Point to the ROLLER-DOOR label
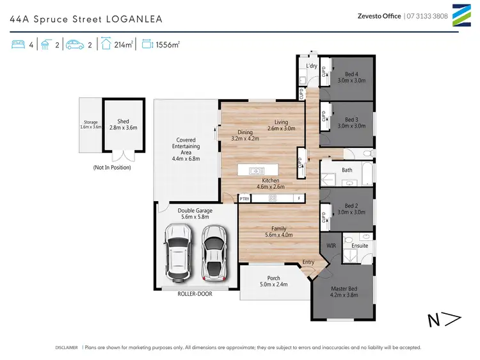click(195, 293)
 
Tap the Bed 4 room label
click(351, 74)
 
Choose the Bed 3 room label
click(351, 119)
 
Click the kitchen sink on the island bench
click(257, 170)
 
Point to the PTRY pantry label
click(244, 199)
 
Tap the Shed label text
click(123, 120)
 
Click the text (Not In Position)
click(112, 167)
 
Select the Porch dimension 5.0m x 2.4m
click(273, 284)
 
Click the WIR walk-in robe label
click(332, 245)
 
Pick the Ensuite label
click(360, 245)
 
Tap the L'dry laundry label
click(312, 67)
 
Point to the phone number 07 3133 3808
click(428, 17)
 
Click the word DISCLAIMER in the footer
click(67, 347)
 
